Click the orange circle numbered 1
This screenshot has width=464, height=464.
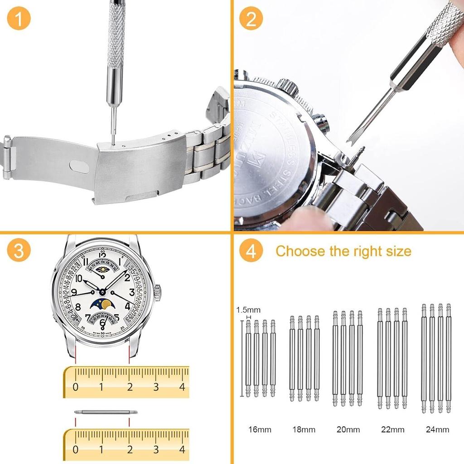(x=19, y=19)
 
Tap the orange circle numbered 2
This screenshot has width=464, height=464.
(x=251, y=19)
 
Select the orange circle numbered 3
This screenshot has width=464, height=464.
(x=19, y=251)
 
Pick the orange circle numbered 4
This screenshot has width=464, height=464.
(x=251, y=251)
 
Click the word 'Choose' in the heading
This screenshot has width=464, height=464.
(x=301, y=251)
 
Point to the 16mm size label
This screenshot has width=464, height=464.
(x=260, y=430)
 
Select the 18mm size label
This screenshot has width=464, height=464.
(x=304, y=430)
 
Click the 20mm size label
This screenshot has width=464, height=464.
(x=348, y=430)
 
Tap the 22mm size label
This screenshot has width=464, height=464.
(x=392, y=430)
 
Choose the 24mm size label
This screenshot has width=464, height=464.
(x=437, y=430)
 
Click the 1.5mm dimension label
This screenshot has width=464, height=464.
(x=248, y=310)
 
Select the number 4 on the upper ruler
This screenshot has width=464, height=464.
(x=183, y=387)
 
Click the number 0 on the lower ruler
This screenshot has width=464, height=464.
(x=75, y=449)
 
